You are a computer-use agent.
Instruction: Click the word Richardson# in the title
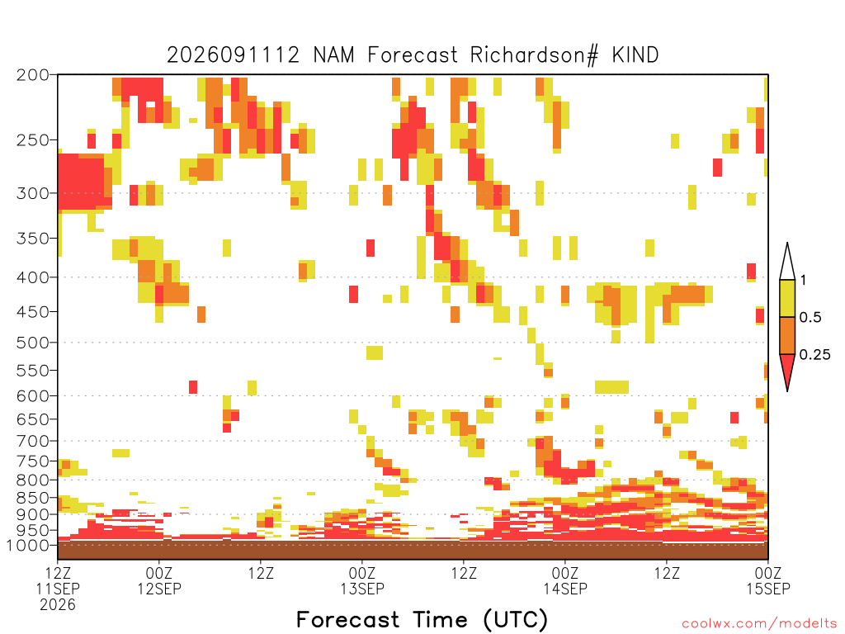[x=534, y=55]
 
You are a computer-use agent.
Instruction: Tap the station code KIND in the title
[x=635, y=55]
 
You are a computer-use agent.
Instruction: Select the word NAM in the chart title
[x=333, y=55]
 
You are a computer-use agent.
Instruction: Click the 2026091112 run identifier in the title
[x=233, y=55]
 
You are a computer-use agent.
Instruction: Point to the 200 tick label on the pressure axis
[x=33, y=75]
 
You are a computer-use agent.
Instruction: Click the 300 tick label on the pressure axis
[x=33, y=193]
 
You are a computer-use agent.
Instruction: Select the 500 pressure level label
[x=33, y=343]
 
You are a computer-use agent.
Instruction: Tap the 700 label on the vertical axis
[x=33, y=441]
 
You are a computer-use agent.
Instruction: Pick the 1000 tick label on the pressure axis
[x=28, y=545]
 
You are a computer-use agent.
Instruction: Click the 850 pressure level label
[x=33, y=498]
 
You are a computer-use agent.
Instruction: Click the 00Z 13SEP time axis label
[x=362, y=580]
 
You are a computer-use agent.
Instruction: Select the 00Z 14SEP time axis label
[x=565, y=580]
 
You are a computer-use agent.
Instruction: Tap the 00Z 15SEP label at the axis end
[x=768, y=580]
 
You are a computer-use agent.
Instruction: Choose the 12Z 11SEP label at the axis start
[x=58, y=589]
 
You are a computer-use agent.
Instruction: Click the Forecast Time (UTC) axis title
[x=422, y=619]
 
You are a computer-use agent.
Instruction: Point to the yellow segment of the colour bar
[x=787, y=298]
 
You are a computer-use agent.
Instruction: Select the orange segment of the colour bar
[x=787, y=335]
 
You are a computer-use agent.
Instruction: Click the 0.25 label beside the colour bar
[x=814, y=355]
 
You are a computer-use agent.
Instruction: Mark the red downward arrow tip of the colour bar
[x=787, y=390]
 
